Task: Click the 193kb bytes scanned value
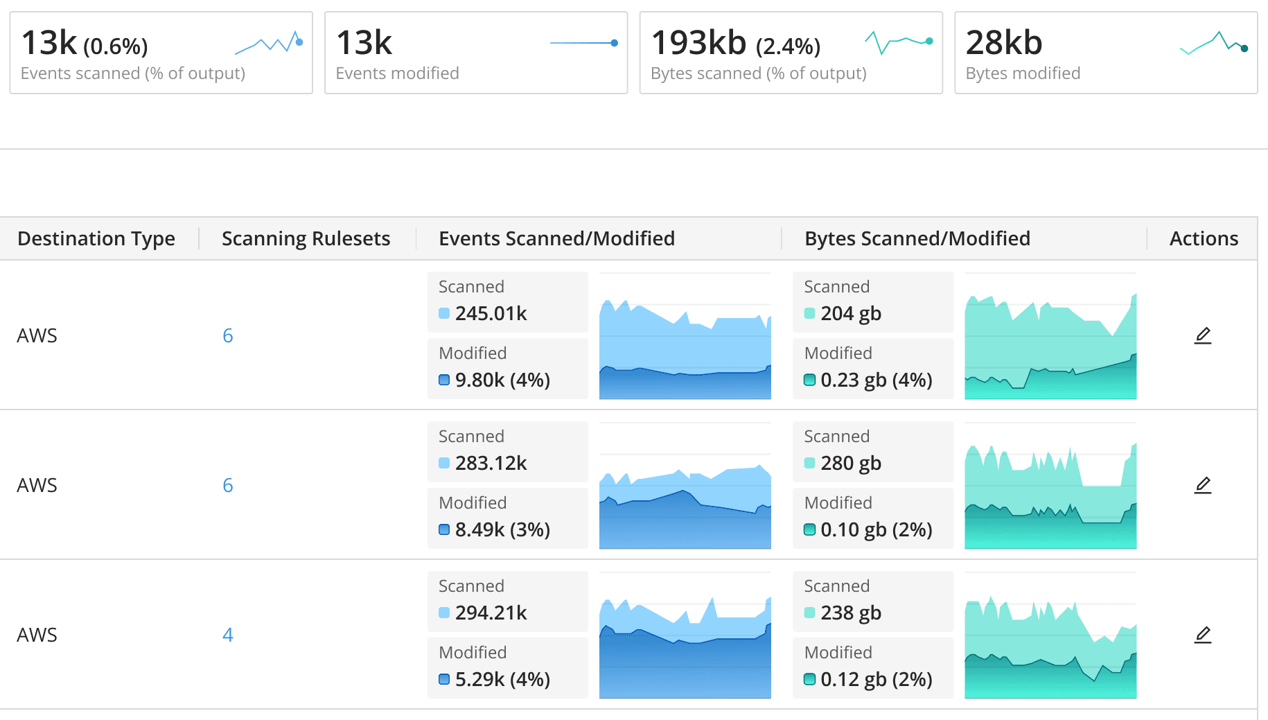pos(698,43)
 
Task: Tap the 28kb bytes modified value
pos(1003,43)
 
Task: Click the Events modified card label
pos(397,73)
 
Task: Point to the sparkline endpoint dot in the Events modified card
pos(615,43)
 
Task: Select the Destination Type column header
pos(96,238)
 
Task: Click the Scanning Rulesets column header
pos(306,238)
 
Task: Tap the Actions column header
pos(1204,238)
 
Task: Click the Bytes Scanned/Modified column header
pos(917,238)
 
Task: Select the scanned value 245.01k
pos(491,313)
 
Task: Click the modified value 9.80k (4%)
pos(502,380)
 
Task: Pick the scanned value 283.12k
pos(491,463)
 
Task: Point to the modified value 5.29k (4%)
pos(502,679)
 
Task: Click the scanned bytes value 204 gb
pos(851,313)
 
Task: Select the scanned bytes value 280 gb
pos(851,463)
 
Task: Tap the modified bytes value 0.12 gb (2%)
pos(876,679)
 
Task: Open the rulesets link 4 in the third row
pos(227,635)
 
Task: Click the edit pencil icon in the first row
pos(1203,335)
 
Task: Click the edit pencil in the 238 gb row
pos(1203,635)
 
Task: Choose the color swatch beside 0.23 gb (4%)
pos(809,380)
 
